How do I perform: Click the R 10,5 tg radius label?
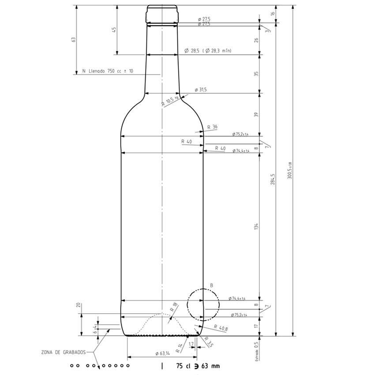(x=170, y=101)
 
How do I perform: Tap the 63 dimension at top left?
(x=74, y=39)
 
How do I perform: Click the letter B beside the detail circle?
(x=211, y=286)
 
